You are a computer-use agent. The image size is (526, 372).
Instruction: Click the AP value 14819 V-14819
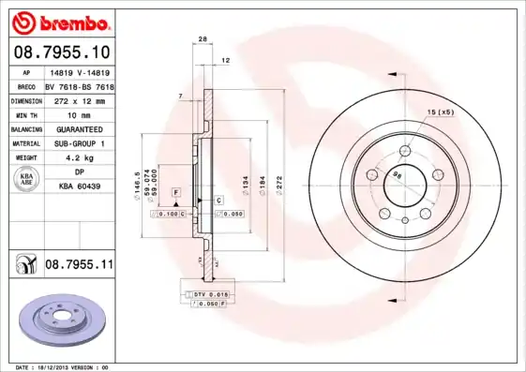coord(79,72)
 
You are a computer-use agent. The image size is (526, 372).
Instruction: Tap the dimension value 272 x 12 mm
coord(79,99)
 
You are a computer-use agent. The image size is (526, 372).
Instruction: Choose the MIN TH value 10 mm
coord(79,113)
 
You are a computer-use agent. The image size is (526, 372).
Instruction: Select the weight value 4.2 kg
coord(79,157)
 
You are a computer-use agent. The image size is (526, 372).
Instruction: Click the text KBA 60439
coord(79,186)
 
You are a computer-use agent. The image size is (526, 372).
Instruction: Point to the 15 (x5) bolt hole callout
coord(440,113)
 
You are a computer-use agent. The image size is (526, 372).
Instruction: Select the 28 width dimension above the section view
coord(203,38)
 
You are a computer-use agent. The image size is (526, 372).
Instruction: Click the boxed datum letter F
coord(174,191)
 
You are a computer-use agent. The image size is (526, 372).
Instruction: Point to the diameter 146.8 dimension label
coord(138,183)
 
